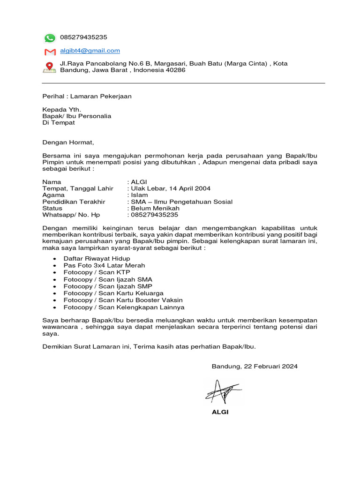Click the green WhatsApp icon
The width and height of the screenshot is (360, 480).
pyautogui.click(x=50, y=38)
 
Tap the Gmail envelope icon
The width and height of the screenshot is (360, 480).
pyautogui.click(x=50, y=52)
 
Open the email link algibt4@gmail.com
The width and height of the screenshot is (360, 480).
pyautogui.click(x=90, y=51)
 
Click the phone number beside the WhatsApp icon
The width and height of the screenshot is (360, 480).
pyautogui.click(x=83, y=37)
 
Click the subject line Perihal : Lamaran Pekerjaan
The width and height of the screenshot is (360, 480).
pyautogui.click(x=87, y=97)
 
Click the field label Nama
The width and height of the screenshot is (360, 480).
pyautogui.click(x=52, y=182)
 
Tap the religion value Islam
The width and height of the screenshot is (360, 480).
pyautogui.click(x=139, y=195)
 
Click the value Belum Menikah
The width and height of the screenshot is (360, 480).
pyautogui.click(x=155, y=208)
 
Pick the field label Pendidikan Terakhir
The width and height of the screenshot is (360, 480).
pyautogui.click(x=74, y=202)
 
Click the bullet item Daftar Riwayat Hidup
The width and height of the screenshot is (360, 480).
pyautogui.click(x=97, y=258)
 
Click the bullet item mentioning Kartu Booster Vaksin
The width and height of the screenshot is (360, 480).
pyautogui.click(x=123, y=300)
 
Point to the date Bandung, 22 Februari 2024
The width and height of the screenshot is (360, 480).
pyautogui.click(x=255, y=367)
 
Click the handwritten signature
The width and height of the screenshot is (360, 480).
pyautogui.click(x=222, y=390)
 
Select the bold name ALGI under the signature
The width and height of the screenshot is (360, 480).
pyautogui.click(x=220, y=412)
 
